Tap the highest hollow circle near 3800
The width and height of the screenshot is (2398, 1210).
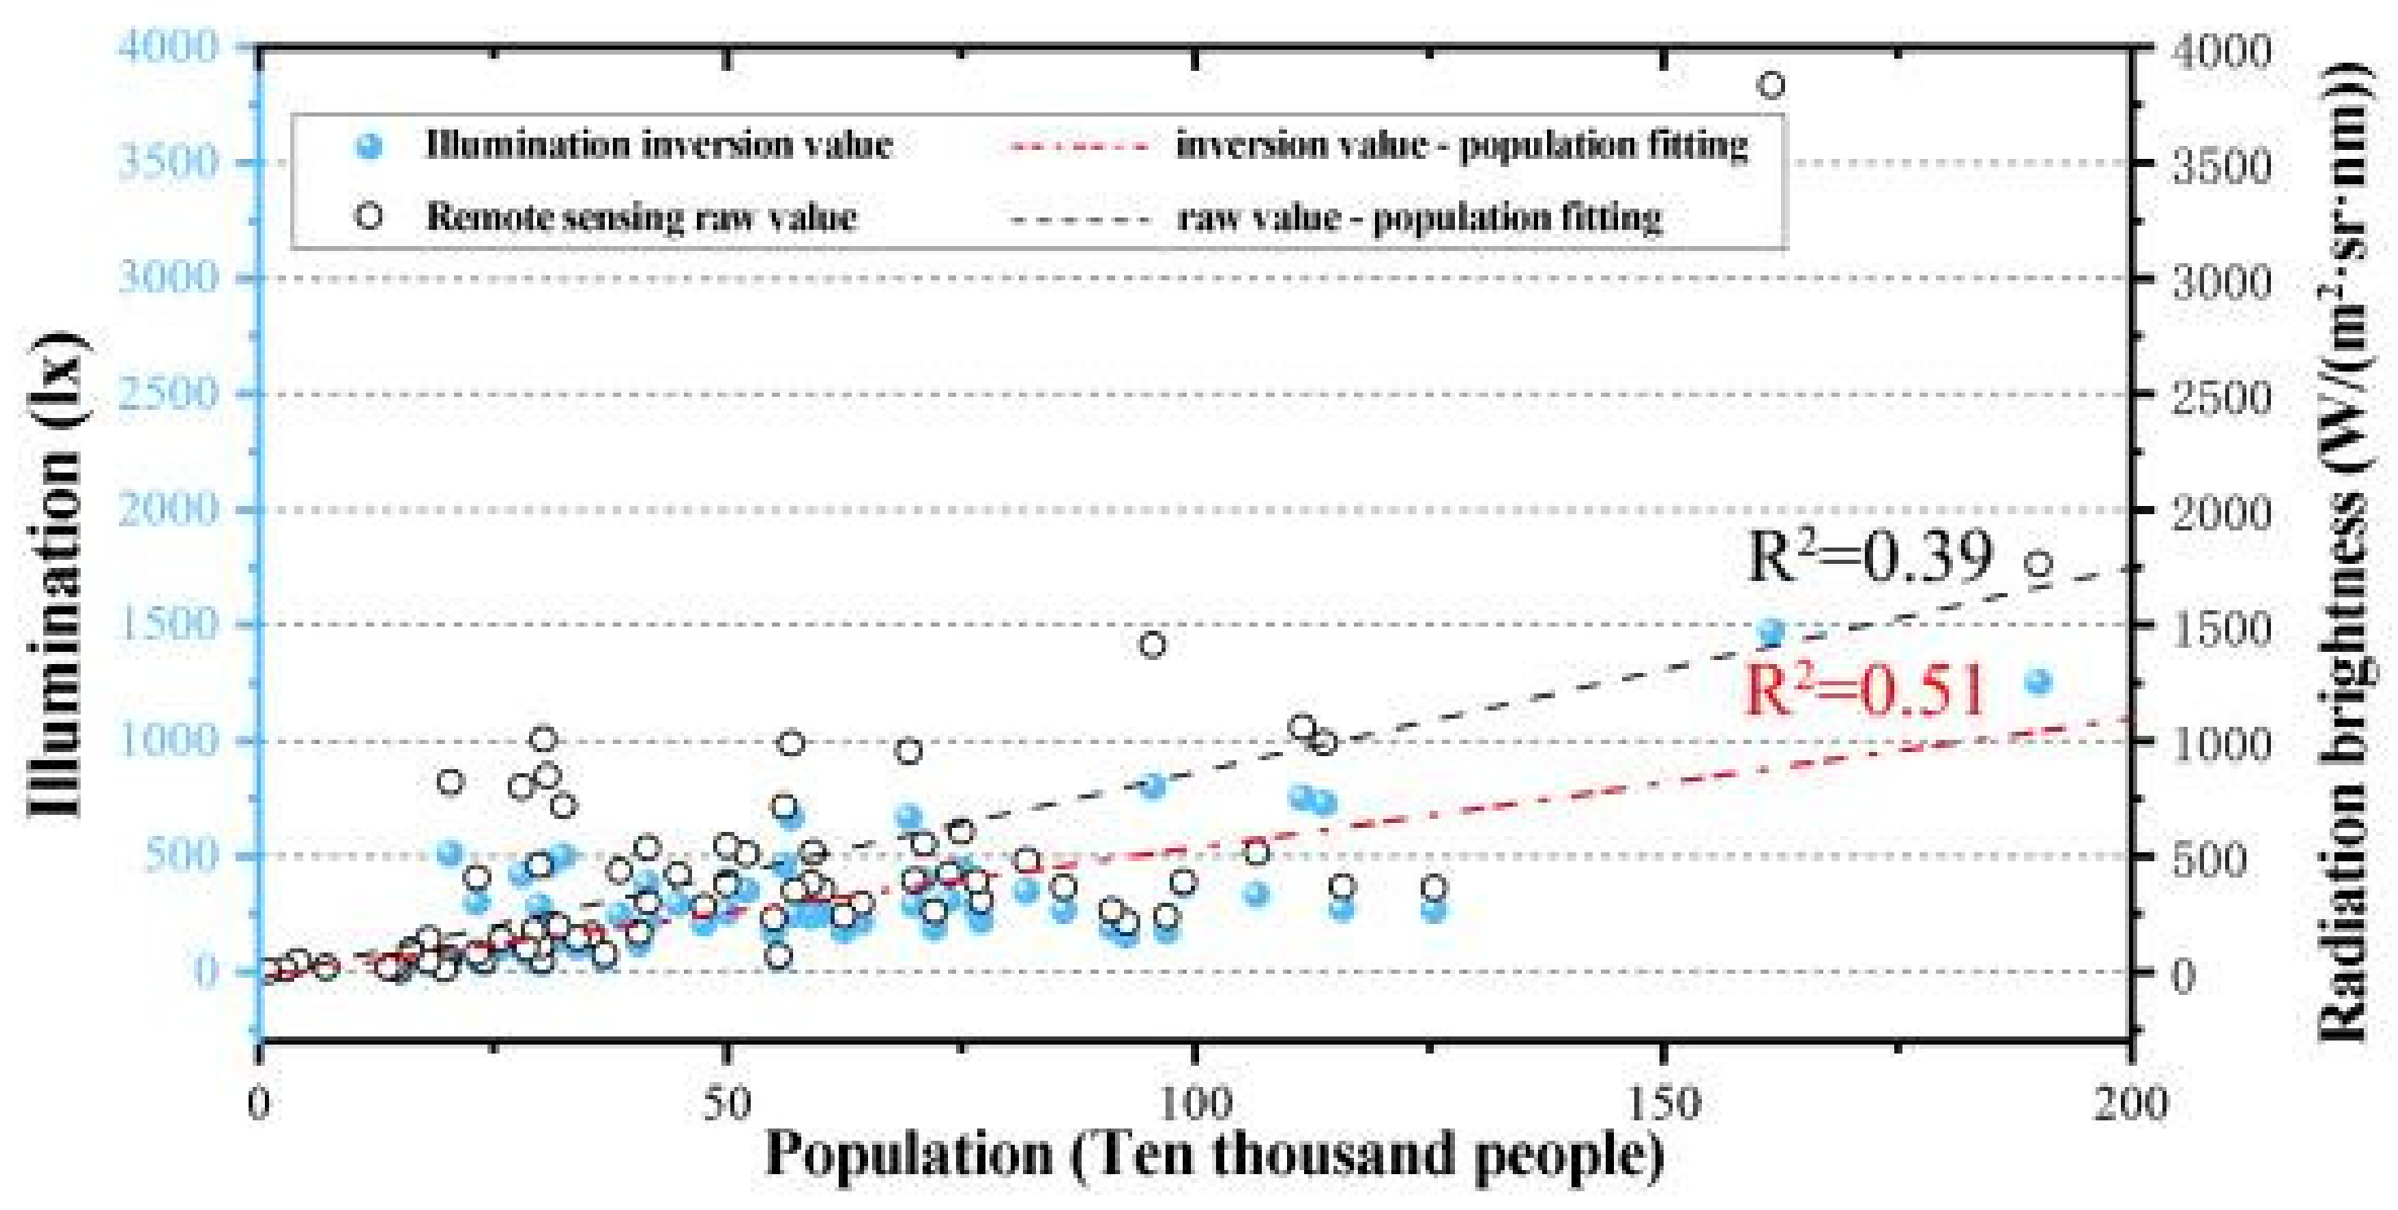click(x=1773, y=86)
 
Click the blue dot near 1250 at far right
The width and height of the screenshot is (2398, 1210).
click(x=2039, y=682)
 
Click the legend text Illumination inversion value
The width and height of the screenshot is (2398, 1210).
click(x=659, y=145)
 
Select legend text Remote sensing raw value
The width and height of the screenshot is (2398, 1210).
click(x=641, y=218)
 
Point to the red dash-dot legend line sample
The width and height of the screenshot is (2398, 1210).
click(x=1080, y=146)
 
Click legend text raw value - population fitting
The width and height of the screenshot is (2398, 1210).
click(x=1419, y=218)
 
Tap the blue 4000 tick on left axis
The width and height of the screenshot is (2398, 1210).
click(x=168, y=46)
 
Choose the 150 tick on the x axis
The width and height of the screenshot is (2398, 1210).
click(x=1663, y=1104)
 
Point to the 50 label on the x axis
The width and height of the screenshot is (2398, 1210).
click(x=726, y=1104)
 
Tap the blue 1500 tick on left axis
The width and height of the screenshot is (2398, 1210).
click(x=168, y=624)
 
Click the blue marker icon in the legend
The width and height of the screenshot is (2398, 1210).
click(x=371, y=145)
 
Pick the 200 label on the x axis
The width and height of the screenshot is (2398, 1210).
click(x=2130, y=1104)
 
